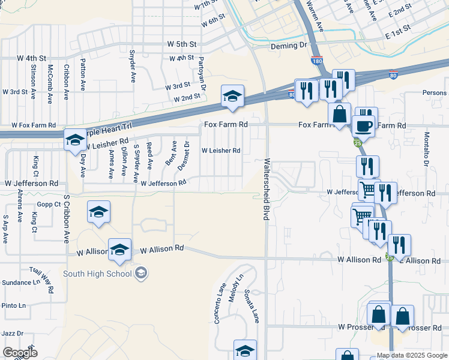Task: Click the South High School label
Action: pos(97,274)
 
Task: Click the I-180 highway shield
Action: pos(316,61)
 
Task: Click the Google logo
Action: pos(20,353)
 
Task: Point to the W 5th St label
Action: pos(182,44)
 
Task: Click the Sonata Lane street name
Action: pos(251,306)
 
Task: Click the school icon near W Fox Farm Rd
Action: pos(75,140)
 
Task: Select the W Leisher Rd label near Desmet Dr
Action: pos(220,151)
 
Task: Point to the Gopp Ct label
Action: pos(49,204)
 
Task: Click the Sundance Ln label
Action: pos(20,282)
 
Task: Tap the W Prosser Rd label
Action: pos(360,327)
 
